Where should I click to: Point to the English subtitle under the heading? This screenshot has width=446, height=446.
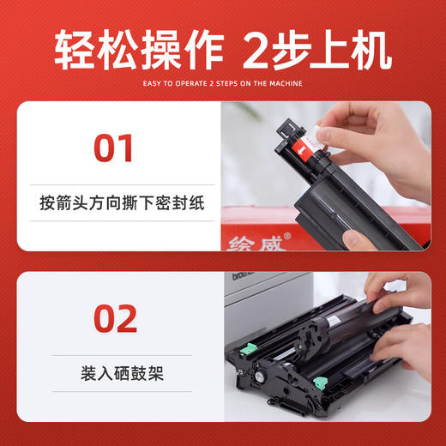point(223,83)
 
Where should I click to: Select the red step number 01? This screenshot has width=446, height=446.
point(114,147)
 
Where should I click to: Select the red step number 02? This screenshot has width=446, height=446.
point(114,318)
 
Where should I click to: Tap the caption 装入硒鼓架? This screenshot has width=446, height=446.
point(116,375)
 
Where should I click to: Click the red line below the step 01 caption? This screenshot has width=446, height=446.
point(116,221)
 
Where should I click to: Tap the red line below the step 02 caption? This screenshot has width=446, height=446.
point(116,393)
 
